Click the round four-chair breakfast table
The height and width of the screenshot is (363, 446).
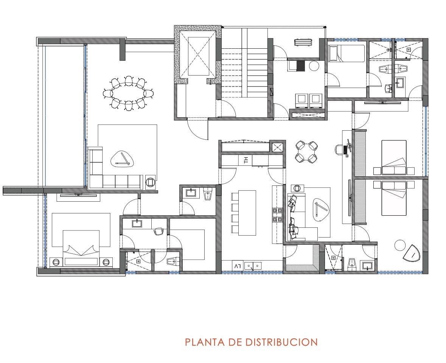(306, 152)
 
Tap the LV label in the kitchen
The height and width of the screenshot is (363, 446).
(237, 266)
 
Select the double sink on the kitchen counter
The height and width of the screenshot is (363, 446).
(253, 266)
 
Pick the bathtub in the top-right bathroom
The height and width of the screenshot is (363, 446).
(347, 53)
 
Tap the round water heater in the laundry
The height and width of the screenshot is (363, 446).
(314, 66)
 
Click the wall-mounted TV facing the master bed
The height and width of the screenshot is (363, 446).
(77, 195)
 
